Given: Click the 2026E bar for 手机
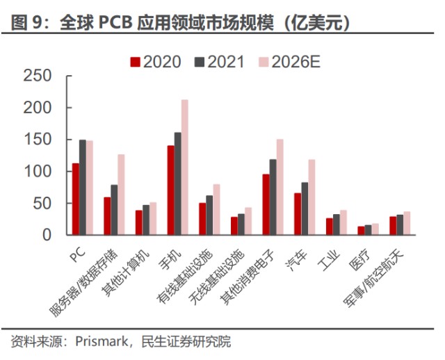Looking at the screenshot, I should point(184,167).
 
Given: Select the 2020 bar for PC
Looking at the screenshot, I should point(76,199).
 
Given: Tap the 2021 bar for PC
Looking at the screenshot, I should point(83,187).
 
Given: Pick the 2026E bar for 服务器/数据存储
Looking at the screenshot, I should point(121,195).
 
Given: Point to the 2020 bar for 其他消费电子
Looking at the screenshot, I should point(266,204).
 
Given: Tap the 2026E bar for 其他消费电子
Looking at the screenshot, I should point(280,187).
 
